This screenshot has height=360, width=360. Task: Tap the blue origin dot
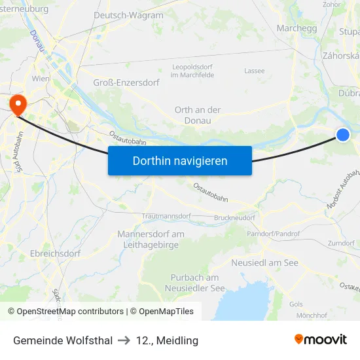coord(343,135)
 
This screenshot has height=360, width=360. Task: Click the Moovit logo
coord(321,339)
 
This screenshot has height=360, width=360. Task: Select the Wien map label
coord(41,79)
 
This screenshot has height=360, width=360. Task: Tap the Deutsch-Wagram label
coord(128,15)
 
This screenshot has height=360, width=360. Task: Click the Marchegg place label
coord(297,28)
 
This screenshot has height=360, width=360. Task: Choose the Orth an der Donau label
coord(198,115)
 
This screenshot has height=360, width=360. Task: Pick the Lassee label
coord(254,71)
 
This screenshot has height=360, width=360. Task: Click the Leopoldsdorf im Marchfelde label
coord(192,71)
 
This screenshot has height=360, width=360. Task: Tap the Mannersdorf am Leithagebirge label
coord(151,239)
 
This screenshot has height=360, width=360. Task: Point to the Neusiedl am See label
coord(264,262)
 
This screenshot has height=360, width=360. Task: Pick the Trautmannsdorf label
coord(166,215)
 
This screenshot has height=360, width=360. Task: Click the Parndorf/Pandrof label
coord(273,234)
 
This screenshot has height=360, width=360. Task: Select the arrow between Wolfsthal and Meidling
coord(124,340)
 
